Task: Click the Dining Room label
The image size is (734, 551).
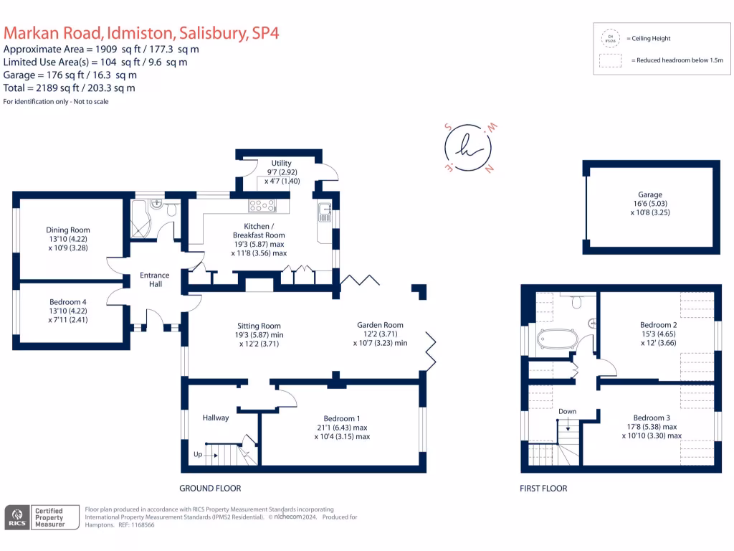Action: (68, 230)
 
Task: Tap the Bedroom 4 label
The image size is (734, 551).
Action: (68, 302)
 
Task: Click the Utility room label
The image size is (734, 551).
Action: (281, 164)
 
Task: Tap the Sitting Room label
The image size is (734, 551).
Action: (259, 326)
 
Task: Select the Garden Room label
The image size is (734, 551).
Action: (380, 325)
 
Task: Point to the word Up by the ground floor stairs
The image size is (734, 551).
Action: (197, 455)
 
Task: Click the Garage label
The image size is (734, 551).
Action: (650, 194)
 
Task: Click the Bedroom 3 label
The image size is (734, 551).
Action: (652, 418)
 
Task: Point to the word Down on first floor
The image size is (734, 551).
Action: (567, 412)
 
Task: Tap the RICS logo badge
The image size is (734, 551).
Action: (17, 517)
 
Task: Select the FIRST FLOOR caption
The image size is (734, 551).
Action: (543, 489)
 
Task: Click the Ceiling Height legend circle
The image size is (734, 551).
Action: (611, 37)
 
